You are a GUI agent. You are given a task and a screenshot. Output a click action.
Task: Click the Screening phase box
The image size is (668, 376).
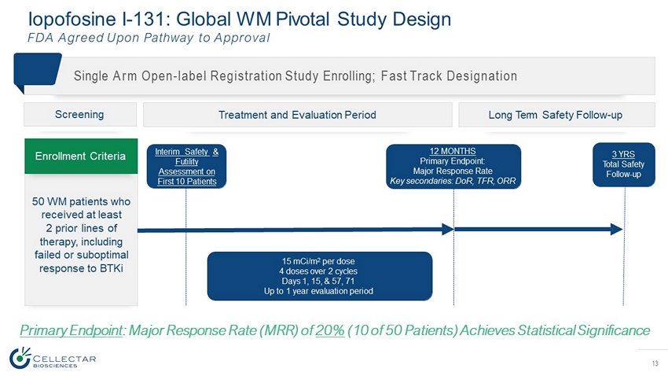[81, 115]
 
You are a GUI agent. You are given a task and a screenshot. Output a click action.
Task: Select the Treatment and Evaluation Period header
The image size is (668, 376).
[297, 115]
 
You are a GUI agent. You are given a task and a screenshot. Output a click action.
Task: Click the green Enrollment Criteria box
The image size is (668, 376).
[81, 156]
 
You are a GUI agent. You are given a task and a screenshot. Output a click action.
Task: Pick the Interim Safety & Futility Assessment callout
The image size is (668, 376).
[187, 166]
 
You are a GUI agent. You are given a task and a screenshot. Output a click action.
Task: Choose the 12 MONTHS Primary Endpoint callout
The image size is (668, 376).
[454, 166]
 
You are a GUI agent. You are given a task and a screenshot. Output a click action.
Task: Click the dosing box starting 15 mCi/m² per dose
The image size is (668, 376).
[319, 276]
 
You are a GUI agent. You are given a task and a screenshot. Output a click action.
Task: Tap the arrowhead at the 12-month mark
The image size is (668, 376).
[449, 229]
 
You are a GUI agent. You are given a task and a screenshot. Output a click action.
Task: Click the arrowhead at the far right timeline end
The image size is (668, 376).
[618, 229]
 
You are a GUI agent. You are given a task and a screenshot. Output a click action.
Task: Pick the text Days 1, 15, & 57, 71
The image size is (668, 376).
[319, 281]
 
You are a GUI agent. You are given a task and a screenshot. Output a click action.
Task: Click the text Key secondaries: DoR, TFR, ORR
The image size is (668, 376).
[454, 180]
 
